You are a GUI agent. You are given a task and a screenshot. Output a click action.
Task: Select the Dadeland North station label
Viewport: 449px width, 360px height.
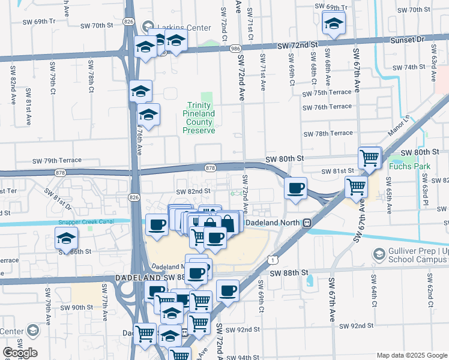tap(274, 222)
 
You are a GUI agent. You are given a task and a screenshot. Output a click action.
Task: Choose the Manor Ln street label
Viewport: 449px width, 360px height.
tap(397, 127)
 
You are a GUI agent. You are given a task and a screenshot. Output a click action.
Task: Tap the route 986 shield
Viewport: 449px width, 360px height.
tap(235, 49)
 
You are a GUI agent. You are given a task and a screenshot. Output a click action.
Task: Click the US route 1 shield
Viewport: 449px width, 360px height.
tap(273, 260)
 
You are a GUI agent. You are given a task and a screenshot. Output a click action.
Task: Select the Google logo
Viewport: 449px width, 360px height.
tap(20, 352)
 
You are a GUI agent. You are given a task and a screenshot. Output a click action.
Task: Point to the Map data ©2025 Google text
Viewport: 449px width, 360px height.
tap(411, 355)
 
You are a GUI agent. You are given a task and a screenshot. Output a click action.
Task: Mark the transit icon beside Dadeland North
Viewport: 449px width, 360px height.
tap(307, 223)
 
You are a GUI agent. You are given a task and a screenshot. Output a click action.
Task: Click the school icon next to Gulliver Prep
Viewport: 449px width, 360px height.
tap(378, 254)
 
